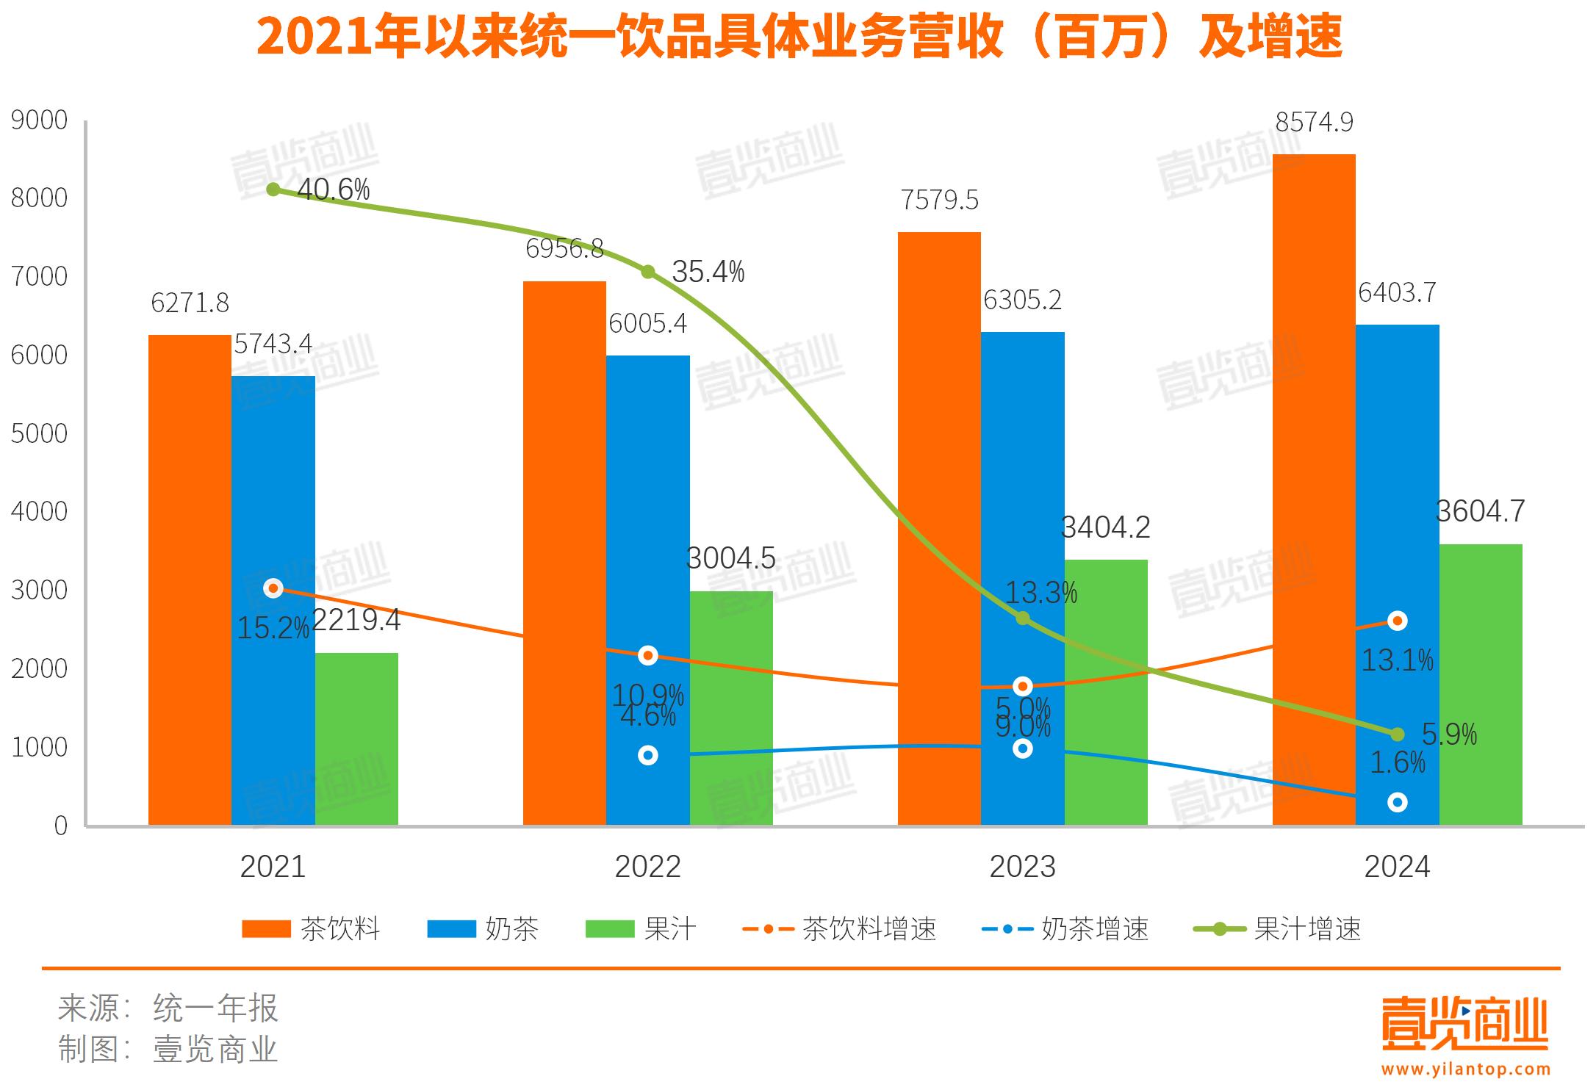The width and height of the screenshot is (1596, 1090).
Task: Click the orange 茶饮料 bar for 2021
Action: click(190, 580)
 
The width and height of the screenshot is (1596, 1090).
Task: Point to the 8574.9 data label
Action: click(1314, 122)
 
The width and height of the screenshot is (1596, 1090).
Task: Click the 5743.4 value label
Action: click(273, 344)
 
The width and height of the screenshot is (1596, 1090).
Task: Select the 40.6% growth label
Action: click(333, 190)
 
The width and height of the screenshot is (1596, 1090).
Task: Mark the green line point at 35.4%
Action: click(647, 272)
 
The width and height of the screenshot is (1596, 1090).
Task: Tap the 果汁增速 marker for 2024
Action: click(1397, 735)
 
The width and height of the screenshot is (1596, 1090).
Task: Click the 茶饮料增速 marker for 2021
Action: click(273, 588)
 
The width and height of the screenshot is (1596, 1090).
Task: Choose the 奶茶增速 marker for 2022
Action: click(647, 755)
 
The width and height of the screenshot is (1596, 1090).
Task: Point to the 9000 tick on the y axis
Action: click(39, 120)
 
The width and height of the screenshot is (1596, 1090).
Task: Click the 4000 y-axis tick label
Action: click(39, 511)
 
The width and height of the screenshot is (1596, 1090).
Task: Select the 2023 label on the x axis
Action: click(1022, 867)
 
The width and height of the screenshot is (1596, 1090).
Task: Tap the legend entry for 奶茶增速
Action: click(1065, 929)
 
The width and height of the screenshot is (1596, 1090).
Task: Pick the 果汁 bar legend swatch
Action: click(609, 929)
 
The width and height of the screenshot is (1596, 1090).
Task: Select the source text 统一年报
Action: click(215, 1008)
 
